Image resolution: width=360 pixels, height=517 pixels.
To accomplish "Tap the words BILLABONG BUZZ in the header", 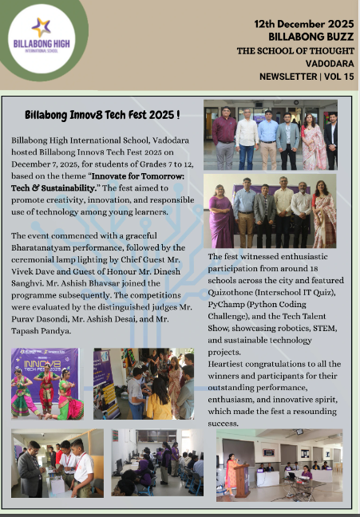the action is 306,37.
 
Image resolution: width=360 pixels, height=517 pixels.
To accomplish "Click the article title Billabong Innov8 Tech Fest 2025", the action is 101,116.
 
